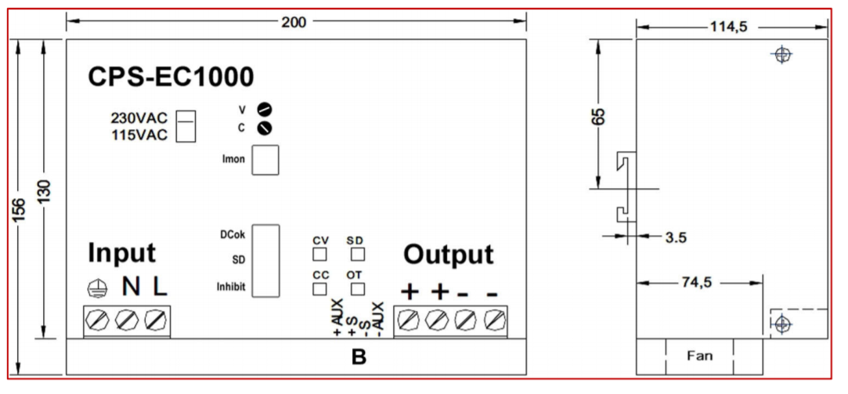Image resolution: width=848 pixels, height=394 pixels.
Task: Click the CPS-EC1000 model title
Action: [171, 77]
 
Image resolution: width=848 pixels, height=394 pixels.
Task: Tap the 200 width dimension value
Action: [294, 21]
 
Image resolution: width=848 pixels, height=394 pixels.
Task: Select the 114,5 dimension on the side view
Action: [728, 27]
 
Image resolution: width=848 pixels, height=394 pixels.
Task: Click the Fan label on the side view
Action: [699, 356]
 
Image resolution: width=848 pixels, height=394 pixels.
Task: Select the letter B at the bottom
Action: [359, 357]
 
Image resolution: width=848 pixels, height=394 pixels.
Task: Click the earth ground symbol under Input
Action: [96, 288]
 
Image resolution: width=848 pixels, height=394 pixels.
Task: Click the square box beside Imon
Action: [268, 159]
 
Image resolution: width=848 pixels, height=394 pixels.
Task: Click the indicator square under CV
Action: [319, 254]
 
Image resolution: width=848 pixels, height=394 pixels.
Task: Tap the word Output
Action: [448, 255]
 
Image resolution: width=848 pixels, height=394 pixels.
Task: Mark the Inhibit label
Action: [230, 287]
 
